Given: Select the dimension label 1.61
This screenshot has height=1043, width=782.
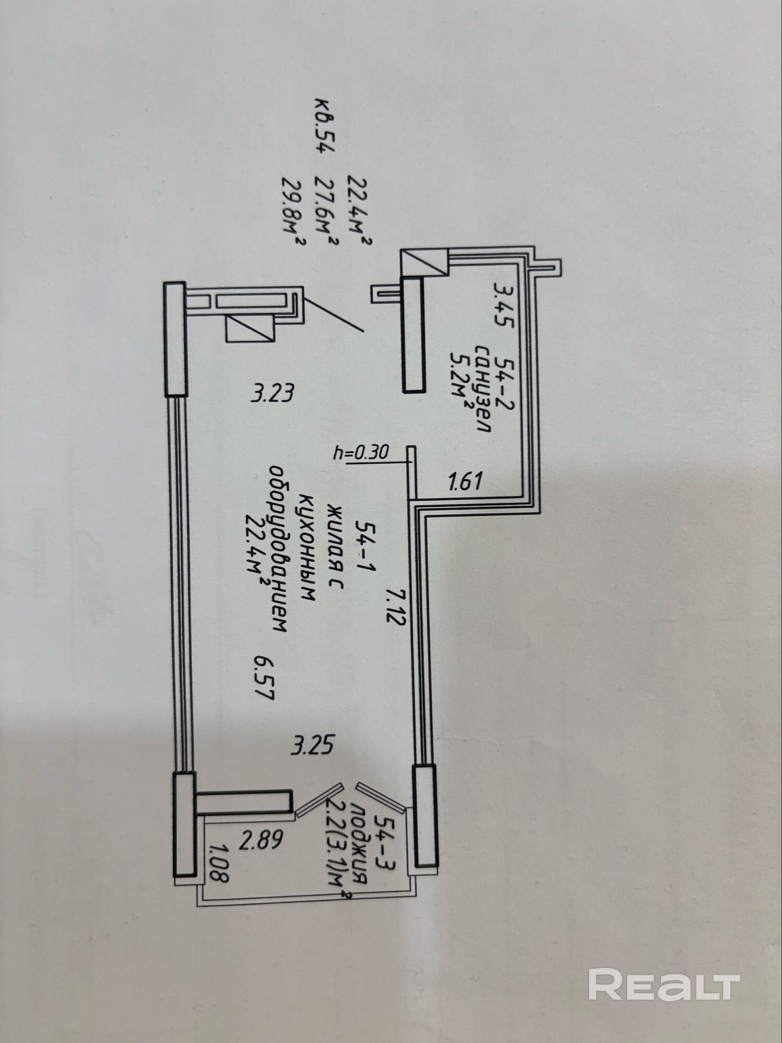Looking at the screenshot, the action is tap(466, 480).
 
